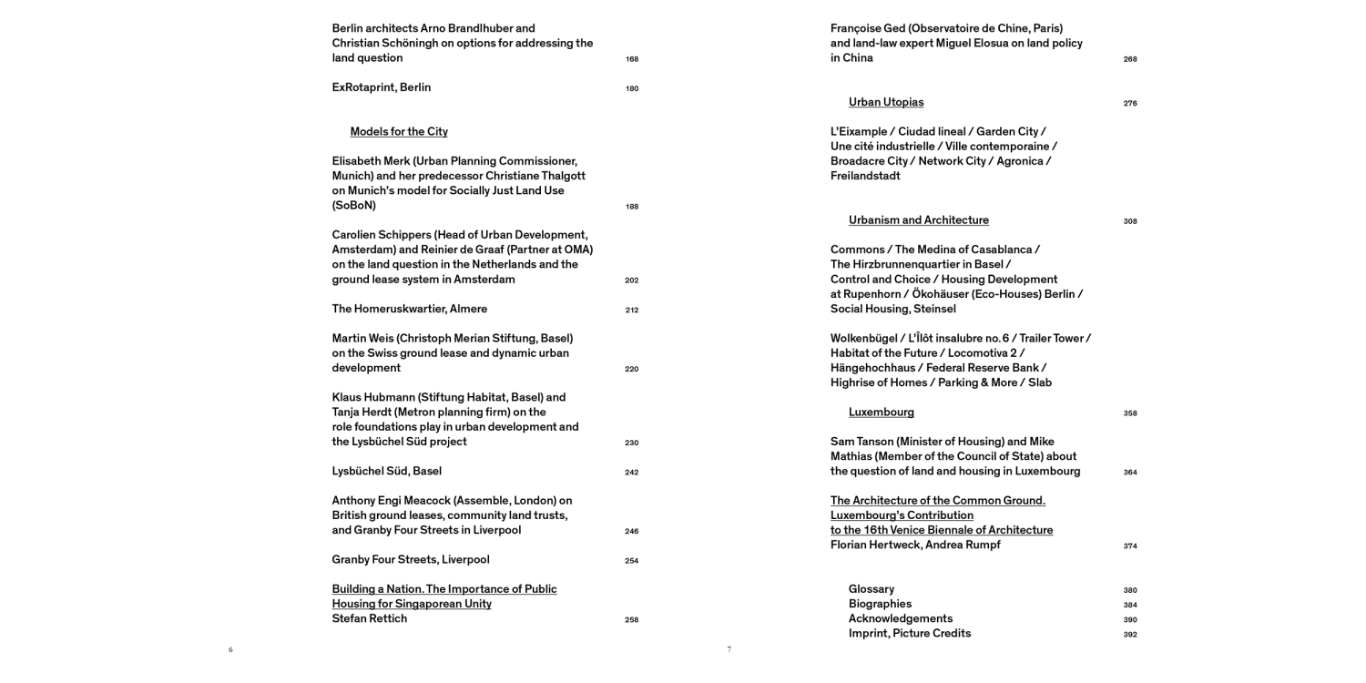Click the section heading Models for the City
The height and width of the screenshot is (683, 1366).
399,132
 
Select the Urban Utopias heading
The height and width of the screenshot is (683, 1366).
886,102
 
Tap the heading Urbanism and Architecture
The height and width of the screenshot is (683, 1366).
918,220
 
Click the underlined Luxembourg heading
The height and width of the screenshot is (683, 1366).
881,413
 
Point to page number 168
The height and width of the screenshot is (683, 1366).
632,59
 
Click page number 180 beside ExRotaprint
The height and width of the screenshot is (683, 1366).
632,89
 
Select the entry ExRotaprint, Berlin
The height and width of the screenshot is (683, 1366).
381,87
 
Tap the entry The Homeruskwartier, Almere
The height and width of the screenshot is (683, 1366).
409,309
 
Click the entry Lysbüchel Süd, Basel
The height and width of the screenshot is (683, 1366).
386,471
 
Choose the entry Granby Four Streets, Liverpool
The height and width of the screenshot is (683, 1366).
410,559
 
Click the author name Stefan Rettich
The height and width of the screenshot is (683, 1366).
369,618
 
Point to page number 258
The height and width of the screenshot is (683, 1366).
632,620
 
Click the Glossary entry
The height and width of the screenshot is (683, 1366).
871,589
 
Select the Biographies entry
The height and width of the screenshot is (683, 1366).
880,604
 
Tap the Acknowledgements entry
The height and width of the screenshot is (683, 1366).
900,618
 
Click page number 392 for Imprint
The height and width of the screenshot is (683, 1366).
1130,635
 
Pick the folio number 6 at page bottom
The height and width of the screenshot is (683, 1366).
230,649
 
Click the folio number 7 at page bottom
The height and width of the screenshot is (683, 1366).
729,649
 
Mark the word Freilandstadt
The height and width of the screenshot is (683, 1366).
865,176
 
